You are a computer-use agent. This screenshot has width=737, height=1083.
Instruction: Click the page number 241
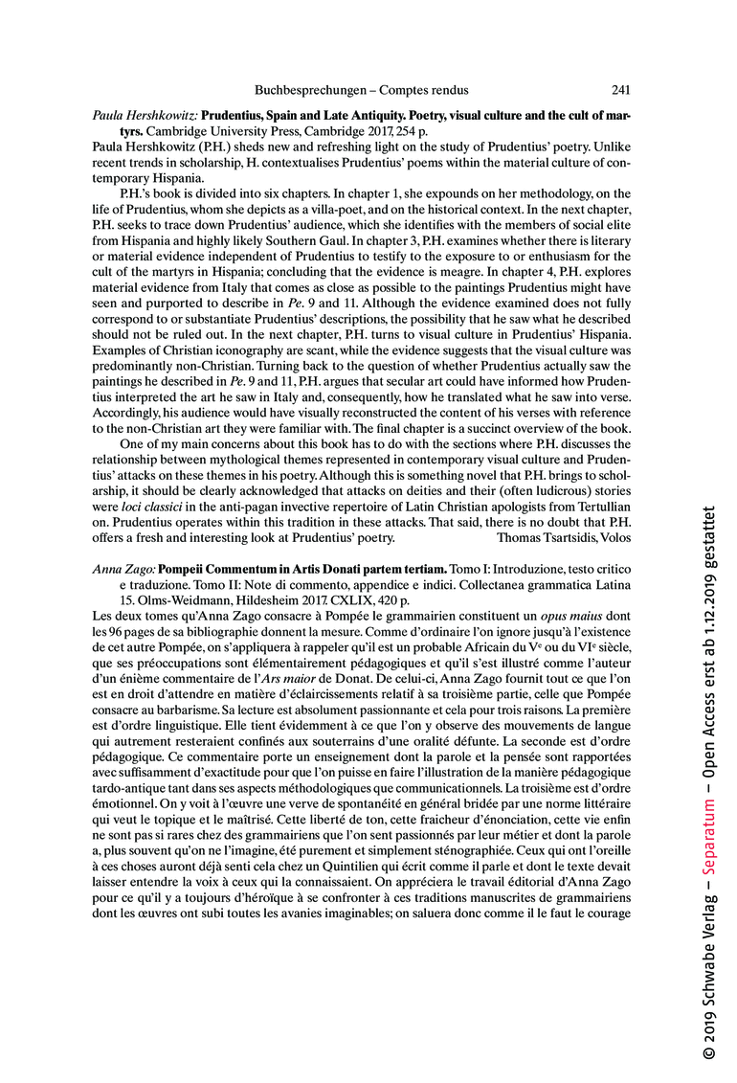click(x=620, y=91)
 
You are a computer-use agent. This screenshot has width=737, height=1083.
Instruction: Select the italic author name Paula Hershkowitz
click(x=144, y=116)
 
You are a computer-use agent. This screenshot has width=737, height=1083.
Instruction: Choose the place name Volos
click(x=613, y=537)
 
